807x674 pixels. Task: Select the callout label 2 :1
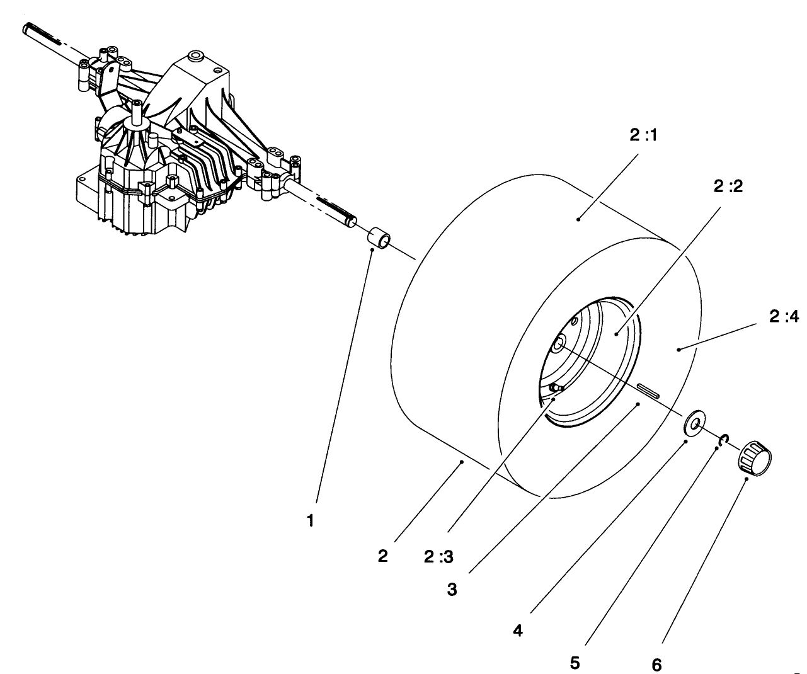click(x=643, y=136)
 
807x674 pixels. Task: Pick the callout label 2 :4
click(x=783, y=317)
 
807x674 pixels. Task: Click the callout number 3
click(x=452, y=590)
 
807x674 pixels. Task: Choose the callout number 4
click(x=517, y=629)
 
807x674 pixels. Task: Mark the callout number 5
click(x=575, y=663)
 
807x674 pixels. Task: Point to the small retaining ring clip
click(x=724, y=438)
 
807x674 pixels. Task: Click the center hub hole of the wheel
click(x=558, y=344)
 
